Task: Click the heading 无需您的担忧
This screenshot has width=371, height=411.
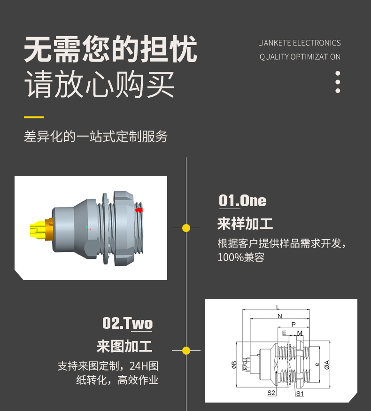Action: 110,49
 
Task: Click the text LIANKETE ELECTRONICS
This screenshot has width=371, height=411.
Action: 299,43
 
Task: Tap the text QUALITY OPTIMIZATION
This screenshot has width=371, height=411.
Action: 300,57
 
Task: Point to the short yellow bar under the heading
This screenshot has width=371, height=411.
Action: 34,117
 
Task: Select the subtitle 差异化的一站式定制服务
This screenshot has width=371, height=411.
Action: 96,136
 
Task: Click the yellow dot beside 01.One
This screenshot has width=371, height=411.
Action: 186,228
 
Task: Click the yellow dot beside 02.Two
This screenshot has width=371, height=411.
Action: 186,350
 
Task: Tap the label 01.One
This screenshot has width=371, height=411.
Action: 242,201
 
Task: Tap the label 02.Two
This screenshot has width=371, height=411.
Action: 127,323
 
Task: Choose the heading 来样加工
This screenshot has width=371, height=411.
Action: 245,224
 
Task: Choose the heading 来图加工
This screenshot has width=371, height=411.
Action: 124,346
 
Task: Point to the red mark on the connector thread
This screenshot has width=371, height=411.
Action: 139,210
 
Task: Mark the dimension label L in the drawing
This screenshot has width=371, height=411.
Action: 278,307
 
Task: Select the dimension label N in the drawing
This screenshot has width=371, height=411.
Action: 280,316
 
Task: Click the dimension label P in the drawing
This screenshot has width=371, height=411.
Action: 294,325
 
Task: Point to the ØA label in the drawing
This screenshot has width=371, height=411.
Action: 327,364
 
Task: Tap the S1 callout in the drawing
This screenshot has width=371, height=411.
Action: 300,394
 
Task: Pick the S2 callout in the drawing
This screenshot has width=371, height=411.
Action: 271,393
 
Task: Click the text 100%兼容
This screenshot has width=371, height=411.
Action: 241,257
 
